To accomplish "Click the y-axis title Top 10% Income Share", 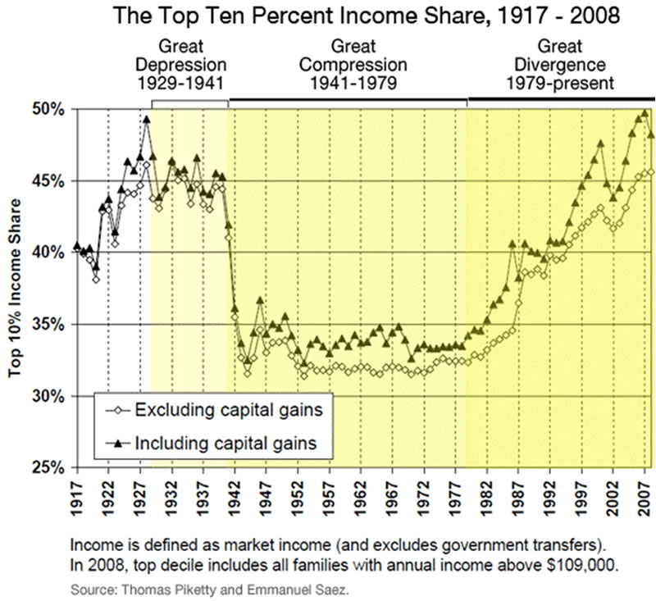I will click(x=15, y=287).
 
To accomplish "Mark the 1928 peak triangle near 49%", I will click(x=147, y=119).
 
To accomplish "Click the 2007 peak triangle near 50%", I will click(x=645, y=114).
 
